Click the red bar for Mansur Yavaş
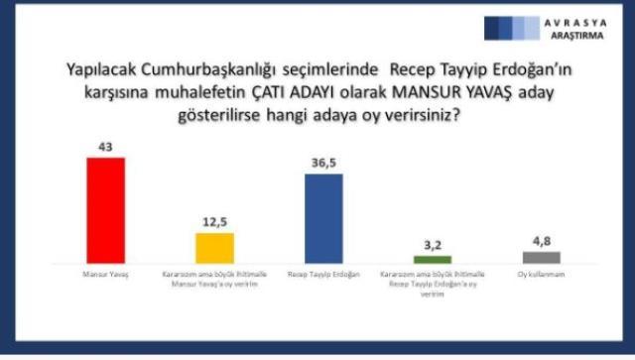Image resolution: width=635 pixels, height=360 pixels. tap(105, 208)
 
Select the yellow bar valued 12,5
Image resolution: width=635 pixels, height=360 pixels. tap(214, 246)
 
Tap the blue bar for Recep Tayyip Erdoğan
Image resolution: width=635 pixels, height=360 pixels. tap(322, 217)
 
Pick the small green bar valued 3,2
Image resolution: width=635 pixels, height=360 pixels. tap(433, 259)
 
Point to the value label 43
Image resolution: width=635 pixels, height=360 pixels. tap(105, 146)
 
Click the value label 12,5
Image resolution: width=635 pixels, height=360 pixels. tap(214, 222)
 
